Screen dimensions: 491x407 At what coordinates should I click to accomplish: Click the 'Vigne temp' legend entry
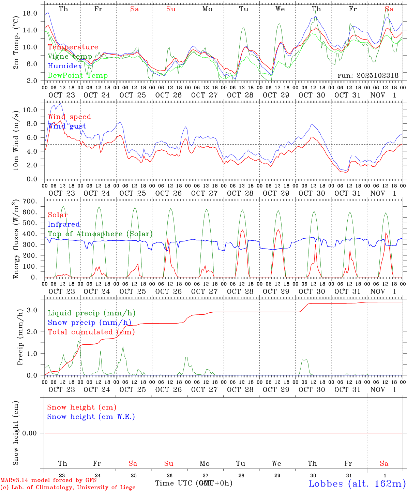[70, 57]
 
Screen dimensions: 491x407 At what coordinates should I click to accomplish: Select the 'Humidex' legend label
[65, 66]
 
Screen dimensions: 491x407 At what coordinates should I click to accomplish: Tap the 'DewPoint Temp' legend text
[78, 76]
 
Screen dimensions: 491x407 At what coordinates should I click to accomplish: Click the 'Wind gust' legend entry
[67, 126]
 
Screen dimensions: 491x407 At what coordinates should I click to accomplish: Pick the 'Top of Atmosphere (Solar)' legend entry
[100, 234]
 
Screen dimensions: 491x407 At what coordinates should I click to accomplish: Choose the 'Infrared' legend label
[64, 224]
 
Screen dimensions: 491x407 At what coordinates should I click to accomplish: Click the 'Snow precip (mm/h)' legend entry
[90, 323]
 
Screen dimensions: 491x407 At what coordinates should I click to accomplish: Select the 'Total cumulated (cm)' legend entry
[91, 332]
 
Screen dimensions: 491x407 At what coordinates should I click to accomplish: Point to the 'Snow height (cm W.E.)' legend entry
[91, 417]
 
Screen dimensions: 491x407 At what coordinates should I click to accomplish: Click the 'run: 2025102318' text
[368, 76]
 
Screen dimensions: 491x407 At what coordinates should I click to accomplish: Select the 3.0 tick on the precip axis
[32, 310]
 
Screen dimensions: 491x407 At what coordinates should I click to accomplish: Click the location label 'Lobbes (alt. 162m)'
[357, 483]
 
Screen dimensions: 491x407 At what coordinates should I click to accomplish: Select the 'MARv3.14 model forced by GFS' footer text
[48, 480]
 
